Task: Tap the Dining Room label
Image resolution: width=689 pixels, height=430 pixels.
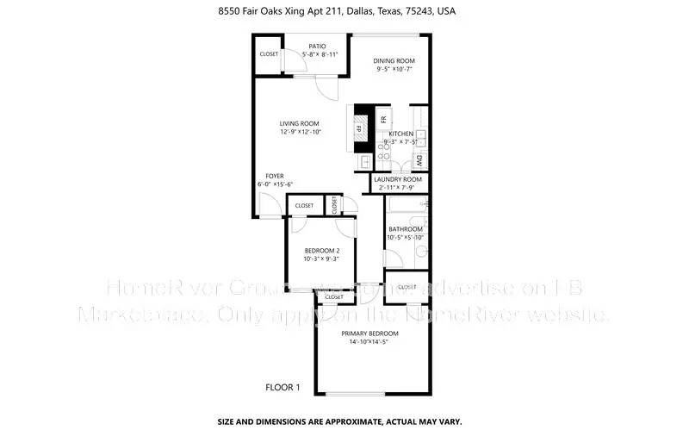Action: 395,60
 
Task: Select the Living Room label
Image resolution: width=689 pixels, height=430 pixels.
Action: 299,123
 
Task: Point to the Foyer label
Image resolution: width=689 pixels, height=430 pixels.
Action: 275,175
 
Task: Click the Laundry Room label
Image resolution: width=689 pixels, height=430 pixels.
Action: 398,179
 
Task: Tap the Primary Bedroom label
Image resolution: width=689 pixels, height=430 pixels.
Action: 369,333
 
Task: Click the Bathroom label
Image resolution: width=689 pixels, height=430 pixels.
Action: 405,228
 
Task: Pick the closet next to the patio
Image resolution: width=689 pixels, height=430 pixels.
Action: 269,54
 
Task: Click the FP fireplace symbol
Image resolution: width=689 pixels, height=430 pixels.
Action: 359,130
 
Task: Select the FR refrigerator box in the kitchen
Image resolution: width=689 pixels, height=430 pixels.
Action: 383,116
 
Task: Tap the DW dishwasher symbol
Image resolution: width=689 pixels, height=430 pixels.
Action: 419,159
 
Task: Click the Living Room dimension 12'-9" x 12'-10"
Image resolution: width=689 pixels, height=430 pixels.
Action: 300,132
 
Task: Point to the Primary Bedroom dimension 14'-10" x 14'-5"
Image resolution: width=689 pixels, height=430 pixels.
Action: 369,342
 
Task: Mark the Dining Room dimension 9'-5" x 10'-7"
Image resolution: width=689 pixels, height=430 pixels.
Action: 395,70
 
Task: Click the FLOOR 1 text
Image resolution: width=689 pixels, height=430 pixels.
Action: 282,388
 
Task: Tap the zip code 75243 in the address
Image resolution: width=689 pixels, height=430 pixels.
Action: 409,12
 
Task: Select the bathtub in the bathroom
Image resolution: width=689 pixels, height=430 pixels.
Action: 407,205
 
